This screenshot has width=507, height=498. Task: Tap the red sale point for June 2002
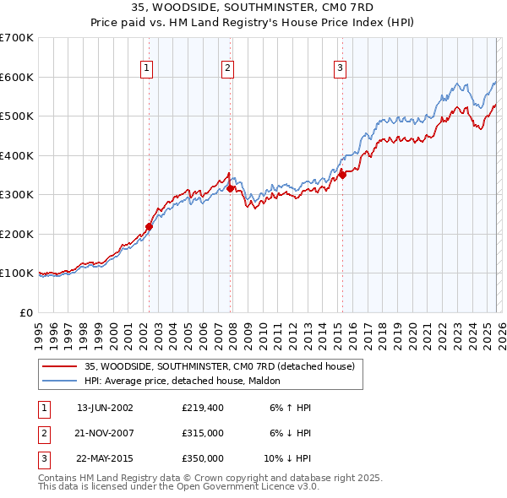coord(150,226)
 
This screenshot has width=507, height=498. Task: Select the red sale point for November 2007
coord(231,189)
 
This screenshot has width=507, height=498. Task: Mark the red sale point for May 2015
coord(343,176)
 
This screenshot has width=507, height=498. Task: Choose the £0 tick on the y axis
coord(25,312)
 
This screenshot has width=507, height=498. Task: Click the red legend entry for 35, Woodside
coord(224,367)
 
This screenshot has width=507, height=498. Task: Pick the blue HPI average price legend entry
coord(188,382)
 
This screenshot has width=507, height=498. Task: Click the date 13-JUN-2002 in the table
coord(105,408)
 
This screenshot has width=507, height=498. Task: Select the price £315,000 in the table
coord(203,433)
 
